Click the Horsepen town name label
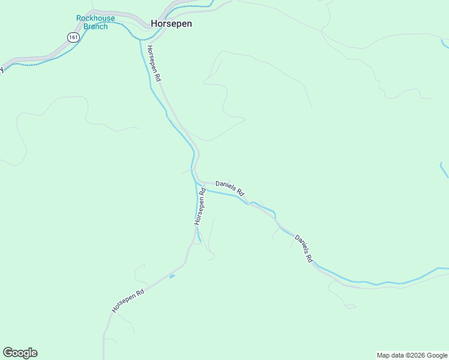tap(171, 24)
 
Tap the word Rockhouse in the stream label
tap(92, 18)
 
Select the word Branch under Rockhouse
tap(95, 26)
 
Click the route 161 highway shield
tap(73, 37)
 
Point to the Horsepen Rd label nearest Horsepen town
tap(154, 64)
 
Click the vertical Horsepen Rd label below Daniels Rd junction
tap(200, 206)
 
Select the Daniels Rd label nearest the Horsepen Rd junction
tap(230, 188)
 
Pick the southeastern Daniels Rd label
tap(304, 248)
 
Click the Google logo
tap(20, 353)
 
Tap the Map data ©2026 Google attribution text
tap(412, 355)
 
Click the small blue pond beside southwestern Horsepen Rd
tap(172, 276)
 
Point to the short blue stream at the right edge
tap(444, 170)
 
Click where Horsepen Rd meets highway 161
tap(143, 33)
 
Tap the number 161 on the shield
tap(73, 37)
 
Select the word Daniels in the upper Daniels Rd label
tap(225, 185)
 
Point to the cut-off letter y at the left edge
tap(1, 69)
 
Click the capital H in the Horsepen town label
tap(154, 24)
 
